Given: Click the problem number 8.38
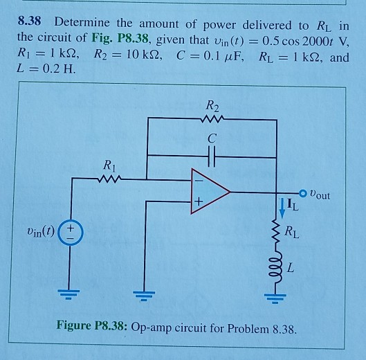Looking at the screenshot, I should point(31,22).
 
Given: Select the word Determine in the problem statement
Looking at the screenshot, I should point(82,22).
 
